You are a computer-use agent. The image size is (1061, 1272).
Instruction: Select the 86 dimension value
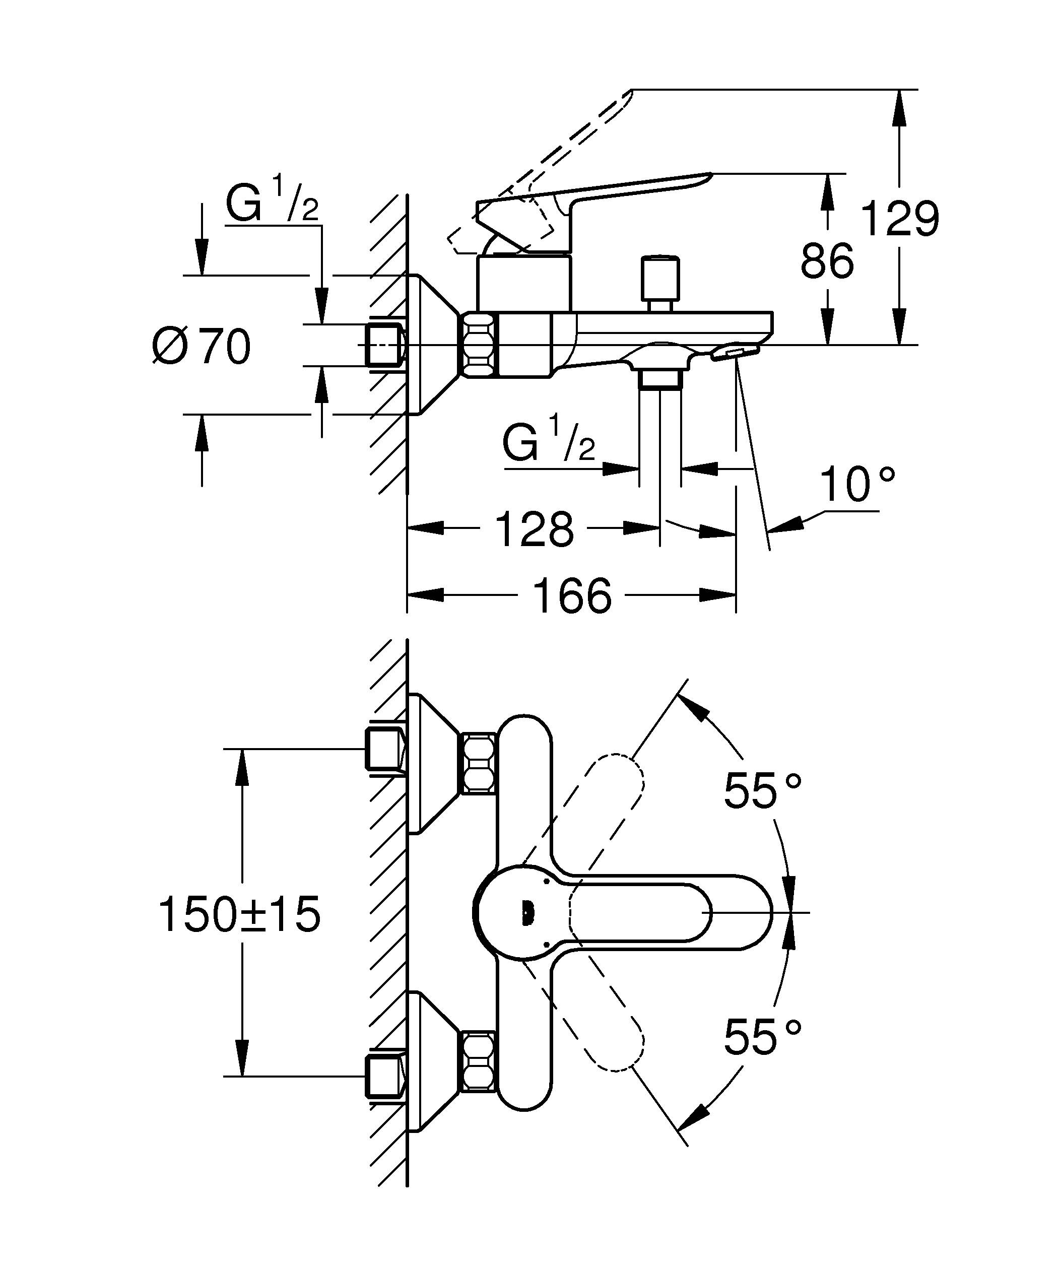pos(827,261)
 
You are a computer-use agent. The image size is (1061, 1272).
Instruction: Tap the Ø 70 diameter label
pos(202,347)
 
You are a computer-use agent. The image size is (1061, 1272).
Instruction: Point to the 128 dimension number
pos(534,529)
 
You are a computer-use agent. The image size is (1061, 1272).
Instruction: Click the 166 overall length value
pos(572,595)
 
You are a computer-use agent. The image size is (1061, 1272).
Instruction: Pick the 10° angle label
pos(856,485)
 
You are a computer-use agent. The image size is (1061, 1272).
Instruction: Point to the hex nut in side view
pos(480,345)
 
